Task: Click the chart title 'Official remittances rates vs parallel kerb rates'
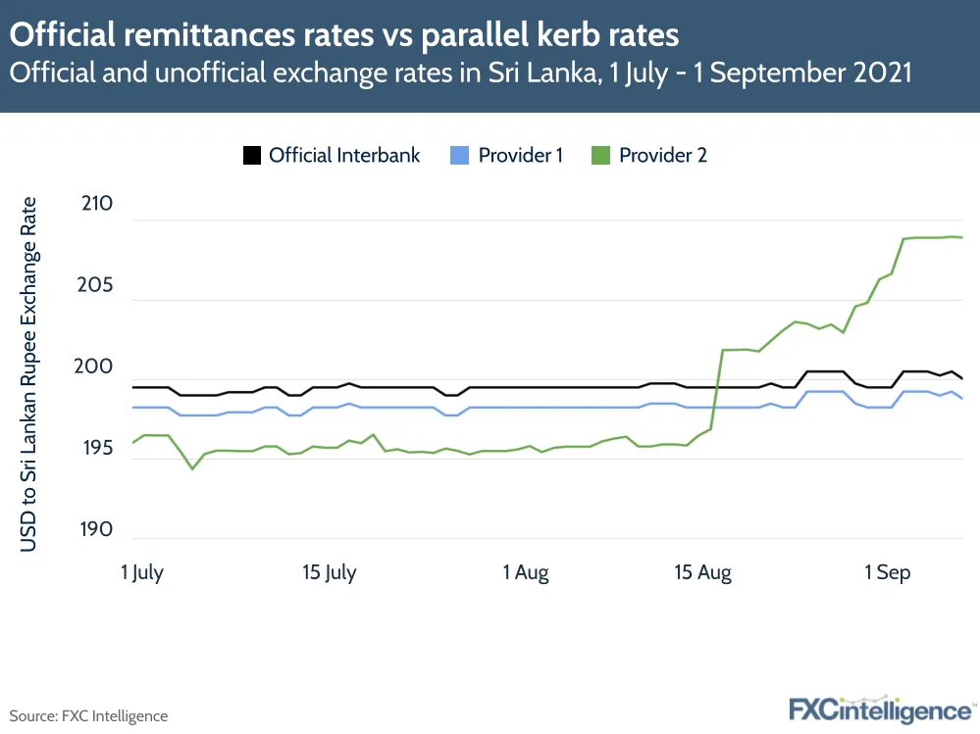344,36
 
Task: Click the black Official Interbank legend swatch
252,155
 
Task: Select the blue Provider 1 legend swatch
461,155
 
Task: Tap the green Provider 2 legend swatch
601,155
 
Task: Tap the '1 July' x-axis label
142,573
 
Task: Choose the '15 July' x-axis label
329,573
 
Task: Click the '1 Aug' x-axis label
526,573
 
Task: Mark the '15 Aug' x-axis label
702,573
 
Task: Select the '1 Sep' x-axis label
887,573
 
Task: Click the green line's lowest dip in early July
192,468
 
